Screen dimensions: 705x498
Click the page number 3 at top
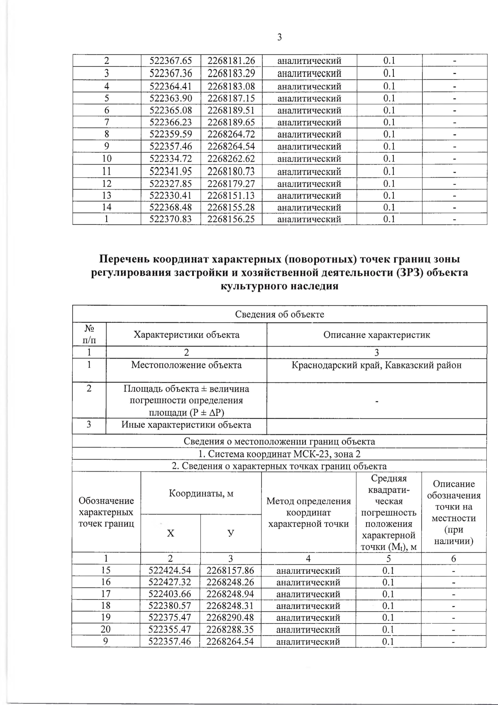click(279, 37)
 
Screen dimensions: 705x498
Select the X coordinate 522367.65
click(170, 61)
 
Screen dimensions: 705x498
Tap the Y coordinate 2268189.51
click(231, 111)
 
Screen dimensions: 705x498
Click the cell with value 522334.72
click(170, 159)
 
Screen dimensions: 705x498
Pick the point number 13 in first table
click(107, 196)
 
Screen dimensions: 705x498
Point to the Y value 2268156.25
click(231, 219)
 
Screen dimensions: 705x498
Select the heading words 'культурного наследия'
click(279, 286)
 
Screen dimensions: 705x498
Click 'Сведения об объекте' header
click(279, 314)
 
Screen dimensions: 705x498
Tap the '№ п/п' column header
click(89, 334)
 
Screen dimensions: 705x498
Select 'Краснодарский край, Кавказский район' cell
click(376, 366)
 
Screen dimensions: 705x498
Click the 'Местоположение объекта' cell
click(186, 366)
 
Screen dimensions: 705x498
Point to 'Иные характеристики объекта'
click(186, 425)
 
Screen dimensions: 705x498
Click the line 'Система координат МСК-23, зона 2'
click(279, 454)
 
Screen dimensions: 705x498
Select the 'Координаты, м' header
click(201, 494)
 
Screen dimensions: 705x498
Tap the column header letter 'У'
click(231, 533)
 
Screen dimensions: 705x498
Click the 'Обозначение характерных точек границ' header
click(106, 512)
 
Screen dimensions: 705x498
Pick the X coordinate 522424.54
click(170, 571)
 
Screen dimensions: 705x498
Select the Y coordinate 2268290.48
click(230, 618)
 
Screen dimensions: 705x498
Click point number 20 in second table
click(106, 629)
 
